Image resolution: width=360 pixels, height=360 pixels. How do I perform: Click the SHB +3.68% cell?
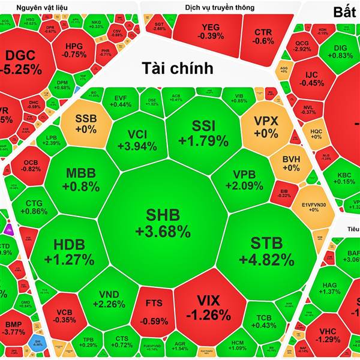pyautogui.click(x=162, y=222)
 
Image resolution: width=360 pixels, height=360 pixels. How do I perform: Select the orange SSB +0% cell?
pyautogui.click(x=85, y=123)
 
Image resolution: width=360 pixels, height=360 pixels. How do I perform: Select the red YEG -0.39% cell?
pyautogui.click(x=210, y=31)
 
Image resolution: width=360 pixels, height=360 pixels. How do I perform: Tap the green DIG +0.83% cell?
pyautogui.click(x=340, y=50)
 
